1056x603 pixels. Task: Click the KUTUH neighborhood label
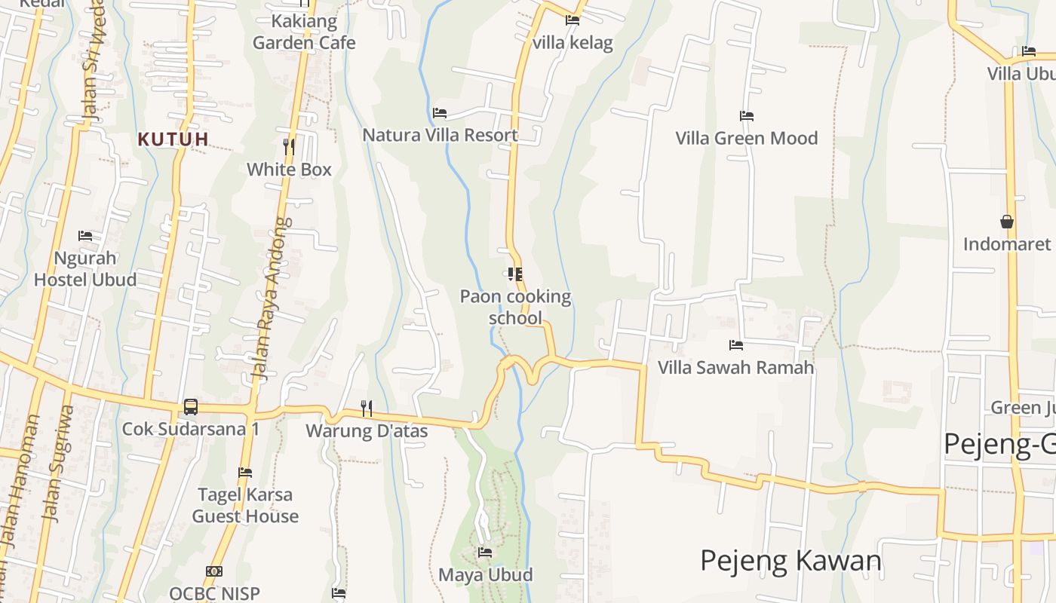173,139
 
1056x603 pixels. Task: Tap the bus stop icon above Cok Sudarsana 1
191,407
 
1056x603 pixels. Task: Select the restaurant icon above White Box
289,146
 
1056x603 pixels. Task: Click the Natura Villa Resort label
440,135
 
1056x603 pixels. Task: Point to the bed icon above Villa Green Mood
747,116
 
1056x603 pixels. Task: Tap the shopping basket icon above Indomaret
1006,222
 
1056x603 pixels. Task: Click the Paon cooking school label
515,307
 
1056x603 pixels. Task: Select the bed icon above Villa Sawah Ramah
736,345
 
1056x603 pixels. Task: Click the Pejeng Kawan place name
790,561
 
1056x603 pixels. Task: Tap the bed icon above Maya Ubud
485,552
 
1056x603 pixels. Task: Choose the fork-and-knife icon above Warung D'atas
367,409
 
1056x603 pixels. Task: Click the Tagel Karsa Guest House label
245,505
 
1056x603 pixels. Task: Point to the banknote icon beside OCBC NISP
214,571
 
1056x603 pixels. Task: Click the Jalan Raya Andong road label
271,299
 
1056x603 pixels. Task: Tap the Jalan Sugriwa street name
59,464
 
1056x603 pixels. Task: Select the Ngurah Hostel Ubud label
85,268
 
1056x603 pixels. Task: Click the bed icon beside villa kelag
573,20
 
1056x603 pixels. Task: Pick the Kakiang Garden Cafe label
304,32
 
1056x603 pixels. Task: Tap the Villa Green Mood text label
747,138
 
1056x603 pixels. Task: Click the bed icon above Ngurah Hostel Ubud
85,236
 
